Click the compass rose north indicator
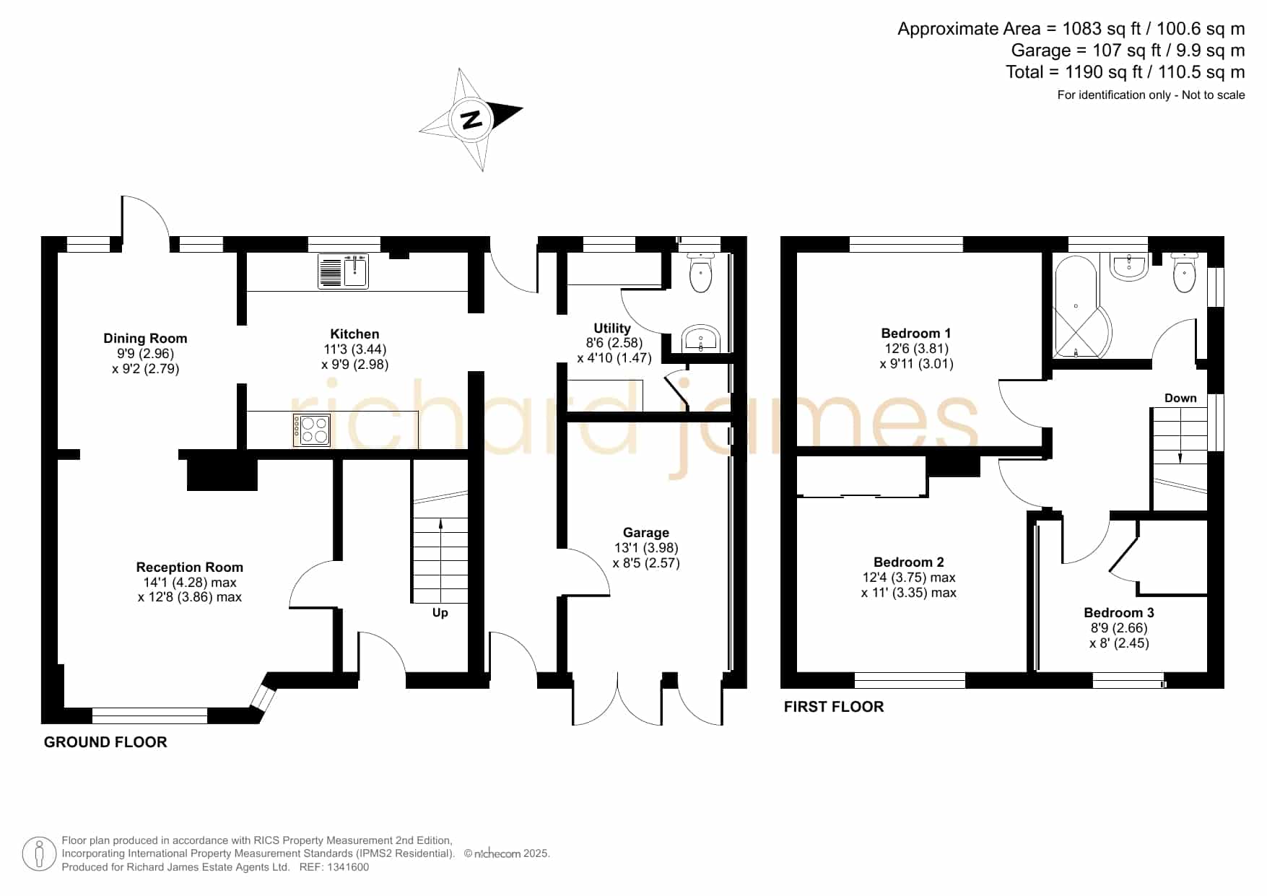471,120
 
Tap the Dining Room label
145,338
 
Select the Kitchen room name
354,334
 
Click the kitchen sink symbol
344,271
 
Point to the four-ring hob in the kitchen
312,430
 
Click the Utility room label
612,328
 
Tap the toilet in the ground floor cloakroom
701,272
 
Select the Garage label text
645,533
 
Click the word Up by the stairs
440,613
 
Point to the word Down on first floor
1180,398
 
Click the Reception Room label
189,567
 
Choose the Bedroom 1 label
915,333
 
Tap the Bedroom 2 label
908,562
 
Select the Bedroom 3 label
1118,612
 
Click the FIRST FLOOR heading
834,707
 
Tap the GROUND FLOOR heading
105,742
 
